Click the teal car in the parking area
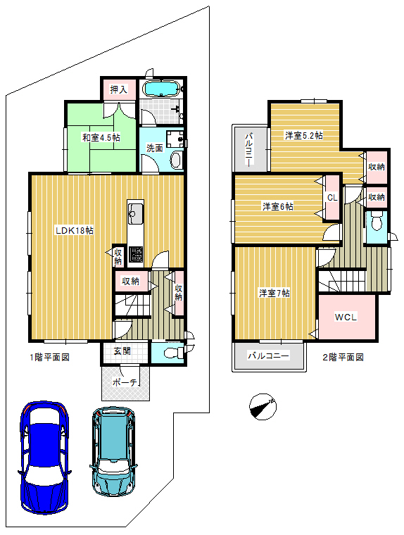pyautogui.click(x=113, y=451)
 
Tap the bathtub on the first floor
pyautogui.click(x=160, y=89)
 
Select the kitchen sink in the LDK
pyautogui.click(x=136, y=214)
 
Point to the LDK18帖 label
pyautogui.click(x=75, y=231)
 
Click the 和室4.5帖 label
pyautogui.click(x=101, y=138)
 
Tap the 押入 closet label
pyautogui.click(x=119, y=89)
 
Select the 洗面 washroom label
pyautogui.click(x=155, y=148)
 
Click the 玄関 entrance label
pyautogui.click(x=122, y=351)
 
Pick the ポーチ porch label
pyautogui.click(x=125, y=382)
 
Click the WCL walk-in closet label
pyautogui.click(x=346, y=317)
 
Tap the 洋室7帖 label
pyautogui.click(x=274, y=293)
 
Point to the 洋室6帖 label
pyautogui.click(x=278, y=206)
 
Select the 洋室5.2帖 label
pyautogui.click(x=304, y=135)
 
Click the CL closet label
pyautogui.click(x=332, y=198)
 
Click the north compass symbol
pyautogui.click(x=263, y=406)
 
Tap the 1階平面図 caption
pyautogui.click(x=50, y=357)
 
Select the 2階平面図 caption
pyautogui.click(x=343, y=357)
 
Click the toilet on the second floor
pyautogui.click(x=377, y=222)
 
